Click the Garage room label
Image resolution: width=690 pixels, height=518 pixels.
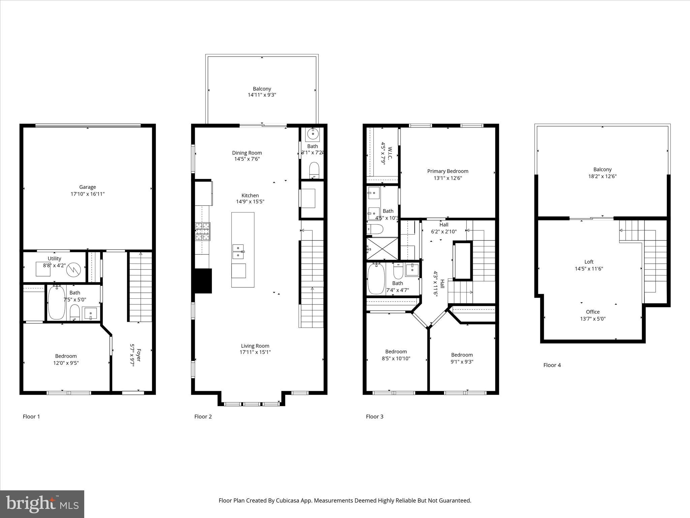[x=87, y=187]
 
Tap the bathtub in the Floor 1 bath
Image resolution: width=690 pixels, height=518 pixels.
[x=57, y=303]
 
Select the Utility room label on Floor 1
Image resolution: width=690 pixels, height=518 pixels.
[x=54, y=259]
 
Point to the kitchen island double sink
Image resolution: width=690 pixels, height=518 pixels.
[x=238, y=252]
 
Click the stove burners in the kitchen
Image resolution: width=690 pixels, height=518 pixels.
[x=202, y=231]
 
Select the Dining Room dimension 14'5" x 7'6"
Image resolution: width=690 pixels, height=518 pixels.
[x=247, y=159]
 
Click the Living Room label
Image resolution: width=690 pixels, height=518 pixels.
[x=255, y=346]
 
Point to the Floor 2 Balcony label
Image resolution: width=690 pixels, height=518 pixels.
[x=262, y=89]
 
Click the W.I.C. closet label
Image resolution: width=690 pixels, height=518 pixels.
[x=390, y=152]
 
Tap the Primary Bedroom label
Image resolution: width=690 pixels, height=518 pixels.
[x=447, y=171]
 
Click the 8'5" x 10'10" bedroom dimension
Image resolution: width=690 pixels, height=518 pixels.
[x=396, y=358]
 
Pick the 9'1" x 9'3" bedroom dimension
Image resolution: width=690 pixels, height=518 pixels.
[x=462, y=362]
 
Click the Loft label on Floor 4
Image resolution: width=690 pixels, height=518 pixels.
[x=589, y=262]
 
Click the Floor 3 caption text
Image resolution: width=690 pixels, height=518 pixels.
[x=374, y=416]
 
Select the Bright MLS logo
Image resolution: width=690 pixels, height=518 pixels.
[x=42, y=504]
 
